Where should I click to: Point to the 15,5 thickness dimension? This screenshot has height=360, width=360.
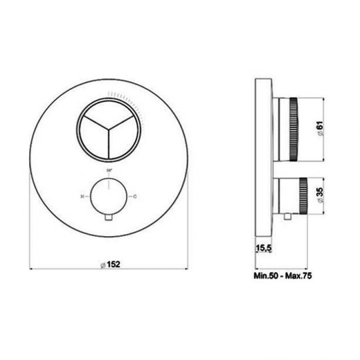(263, 249)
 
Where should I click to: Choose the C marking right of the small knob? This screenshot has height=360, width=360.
(137, 197)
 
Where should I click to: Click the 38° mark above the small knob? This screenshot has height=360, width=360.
(109, 171)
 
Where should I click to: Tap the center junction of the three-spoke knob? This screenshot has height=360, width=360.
(109, 127)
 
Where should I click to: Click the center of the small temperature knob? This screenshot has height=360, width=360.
(109, 197)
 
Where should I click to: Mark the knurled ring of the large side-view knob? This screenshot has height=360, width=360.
(293, 127)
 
